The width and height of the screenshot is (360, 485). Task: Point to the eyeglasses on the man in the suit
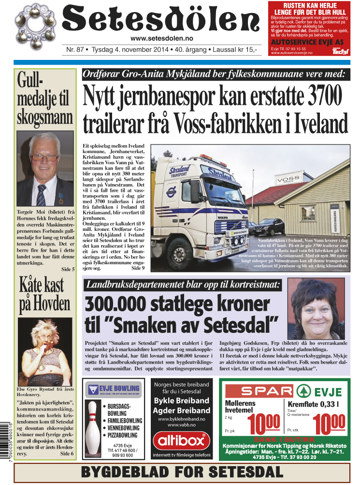click(x=44, y=157)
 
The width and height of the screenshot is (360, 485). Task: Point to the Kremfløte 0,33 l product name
click(x=313, y=404)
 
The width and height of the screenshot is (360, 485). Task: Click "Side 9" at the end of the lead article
click(x=138, y=268)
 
